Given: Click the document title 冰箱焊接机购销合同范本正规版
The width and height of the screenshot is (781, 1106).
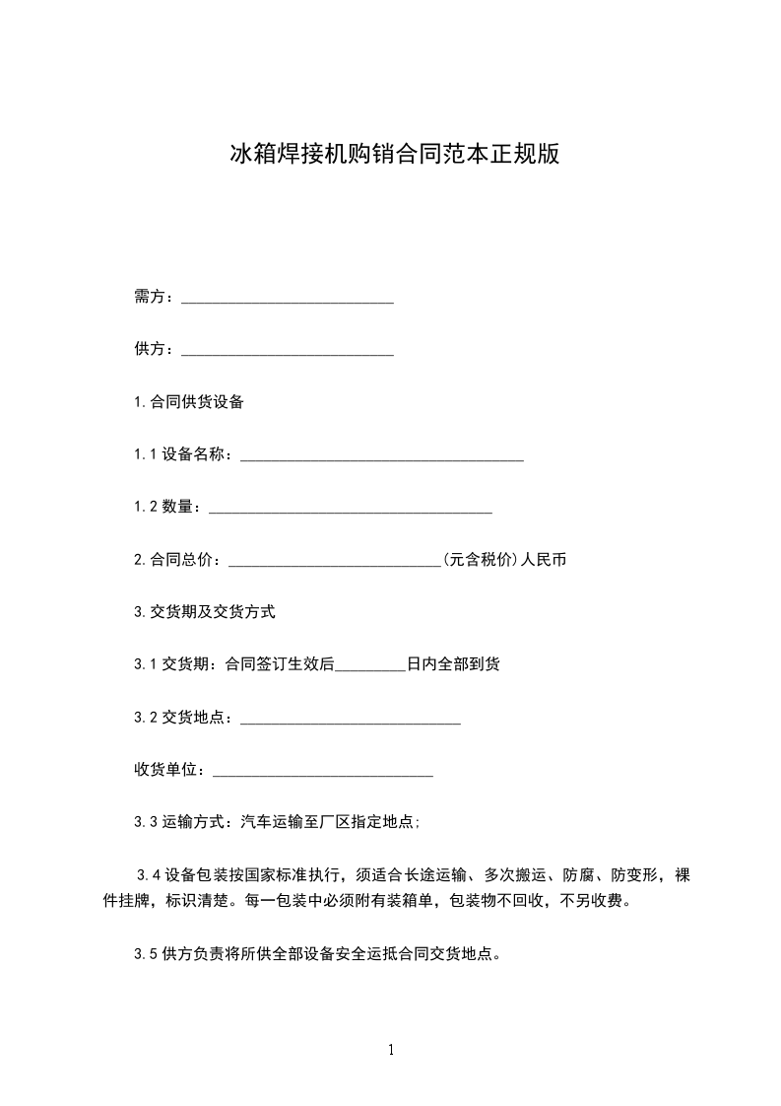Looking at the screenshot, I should [x=395, y=155].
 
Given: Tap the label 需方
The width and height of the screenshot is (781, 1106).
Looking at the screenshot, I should [x=153, y=298].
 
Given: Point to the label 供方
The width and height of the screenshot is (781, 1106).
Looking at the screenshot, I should [x=153, y=349].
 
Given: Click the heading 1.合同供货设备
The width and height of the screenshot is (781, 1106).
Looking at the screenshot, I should [x=189, y=402].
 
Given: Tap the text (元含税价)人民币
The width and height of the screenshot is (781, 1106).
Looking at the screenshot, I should [x=504, y=560].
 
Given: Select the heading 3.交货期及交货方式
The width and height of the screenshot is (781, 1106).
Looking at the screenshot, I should [x=205, y=612].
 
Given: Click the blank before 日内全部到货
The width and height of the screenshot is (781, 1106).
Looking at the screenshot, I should [x=370, y=665].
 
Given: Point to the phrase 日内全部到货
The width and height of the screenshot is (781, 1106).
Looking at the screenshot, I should [x=453, y=664].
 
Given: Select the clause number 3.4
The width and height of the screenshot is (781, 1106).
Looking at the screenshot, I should [x=149, y=875].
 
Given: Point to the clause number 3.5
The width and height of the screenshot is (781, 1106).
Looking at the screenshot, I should [x=146, y=954].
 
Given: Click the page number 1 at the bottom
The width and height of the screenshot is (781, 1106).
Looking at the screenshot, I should [x=391, y=1050].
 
